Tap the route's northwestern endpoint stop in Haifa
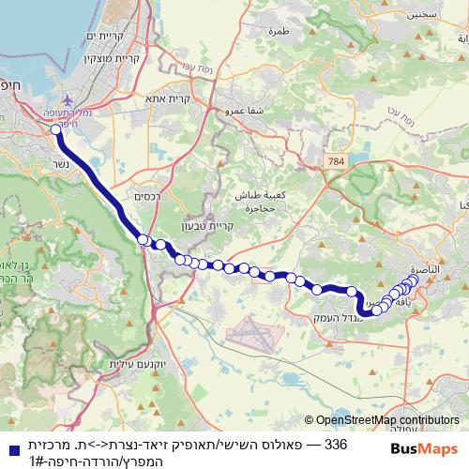coord(55,130)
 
